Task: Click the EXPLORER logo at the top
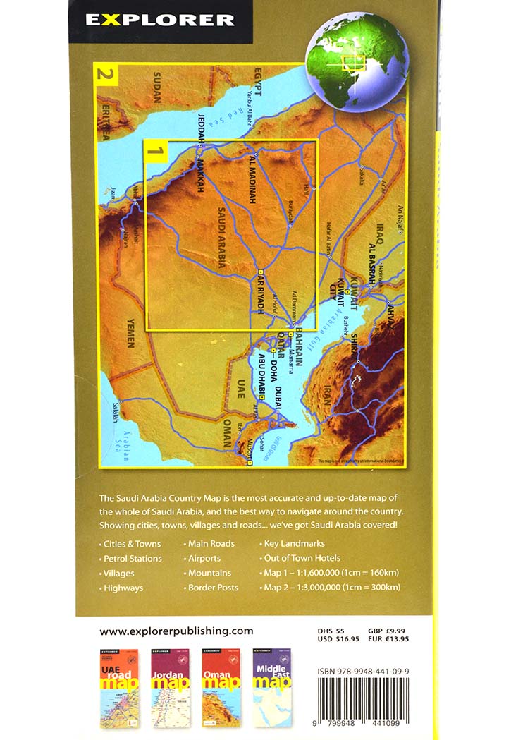tap(159, 20)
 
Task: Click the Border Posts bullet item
tap(213, 588)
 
